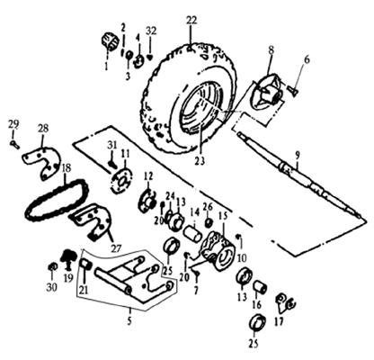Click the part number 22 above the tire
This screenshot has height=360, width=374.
[191, 21]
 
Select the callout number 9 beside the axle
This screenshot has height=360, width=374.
[298, 156]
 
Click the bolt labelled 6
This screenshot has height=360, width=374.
[292, 90]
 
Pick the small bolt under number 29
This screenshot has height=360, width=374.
[15, 144]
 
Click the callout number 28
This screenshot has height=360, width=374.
[43, 129]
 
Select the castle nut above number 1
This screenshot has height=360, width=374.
[110, 42]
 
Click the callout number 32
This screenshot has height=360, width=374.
[151, 31]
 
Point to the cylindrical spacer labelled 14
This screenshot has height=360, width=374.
[193, 234]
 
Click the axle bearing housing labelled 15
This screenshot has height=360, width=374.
[218, 251]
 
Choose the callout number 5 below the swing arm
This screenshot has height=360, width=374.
[129, 321]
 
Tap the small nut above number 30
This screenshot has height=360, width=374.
[52, 267]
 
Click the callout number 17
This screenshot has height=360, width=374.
[279, 321]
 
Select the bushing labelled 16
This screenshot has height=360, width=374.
[260, 287]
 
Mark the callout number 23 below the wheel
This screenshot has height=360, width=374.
[200, 161]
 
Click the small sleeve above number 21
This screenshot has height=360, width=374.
[85, 265]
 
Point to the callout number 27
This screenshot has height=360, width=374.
[116, 248]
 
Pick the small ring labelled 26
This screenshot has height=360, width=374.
[209, 222]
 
